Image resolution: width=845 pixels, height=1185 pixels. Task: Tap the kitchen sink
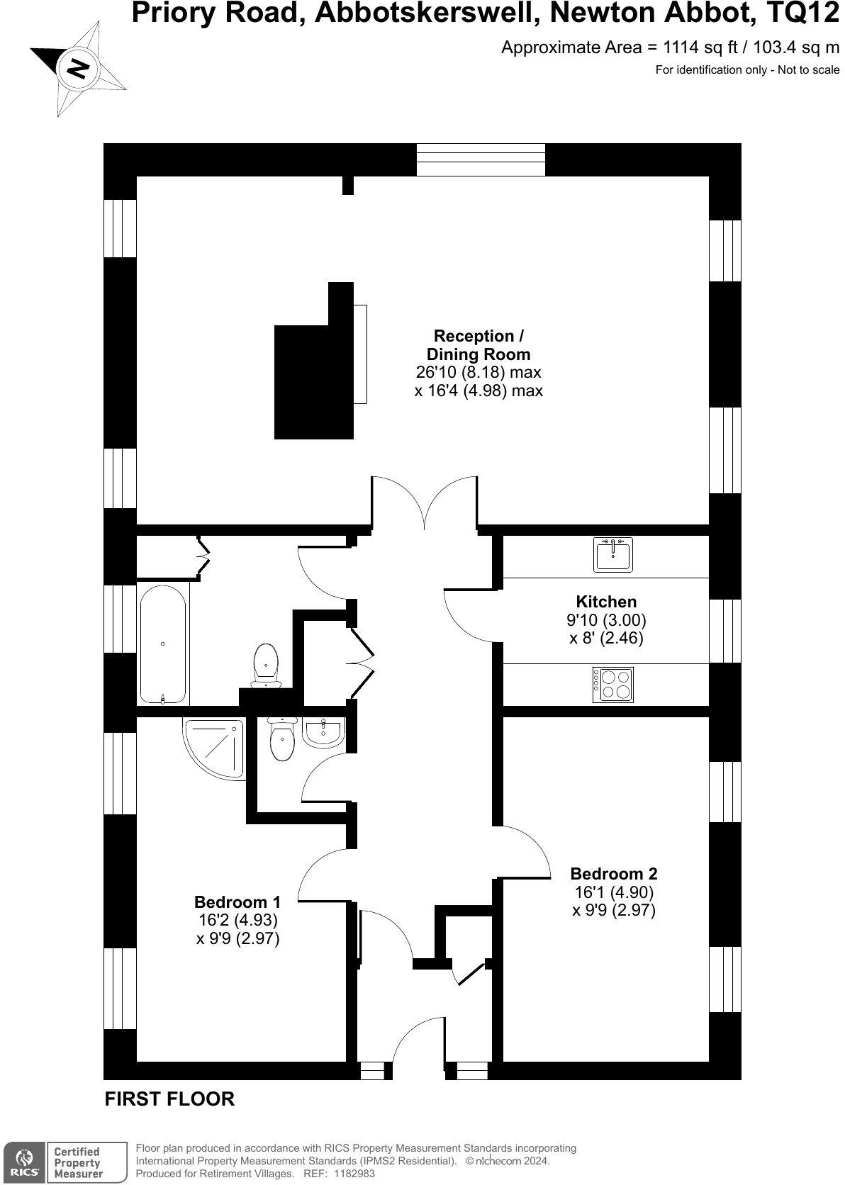612,554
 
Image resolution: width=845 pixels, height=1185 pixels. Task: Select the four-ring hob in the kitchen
612,685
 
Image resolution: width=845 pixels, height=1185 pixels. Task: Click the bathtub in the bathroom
163,644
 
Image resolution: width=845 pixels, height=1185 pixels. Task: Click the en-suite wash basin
323,731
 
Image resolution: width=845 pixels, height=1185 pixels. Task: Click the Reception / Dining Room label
479,344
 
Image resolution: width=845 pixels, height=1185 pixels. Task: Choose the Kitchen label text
605,602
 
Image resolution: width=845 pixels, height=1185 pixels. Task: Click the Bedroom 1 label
237,902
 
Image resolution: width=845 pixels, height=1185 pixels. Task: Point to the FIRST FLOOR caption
169,1099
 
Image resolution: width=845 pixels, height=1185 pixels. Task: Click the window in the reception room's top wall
481,159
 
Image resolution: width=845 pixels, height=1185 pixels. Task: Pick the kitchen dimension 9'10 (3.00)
606,619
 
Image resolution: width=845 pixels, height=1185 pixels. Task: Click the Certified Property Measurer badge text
77,1162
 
